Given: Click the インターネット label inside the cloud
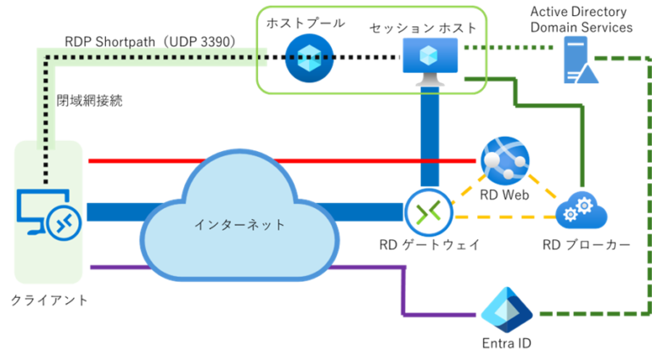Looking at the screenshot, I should point(239,225).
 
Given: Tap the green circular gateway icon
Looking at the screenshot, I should point(430,212).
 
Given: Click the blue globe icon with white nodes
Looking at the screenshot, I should point(504,160).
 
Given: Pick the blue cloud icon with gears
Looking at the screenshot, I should point(582,210).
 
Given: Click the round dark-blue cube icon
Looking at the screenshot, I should point(309,58).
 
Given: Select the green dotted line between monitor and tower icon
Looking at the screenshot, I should point(509,48).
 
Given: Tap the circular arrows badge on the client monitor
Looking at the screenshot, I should point(65,222).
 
